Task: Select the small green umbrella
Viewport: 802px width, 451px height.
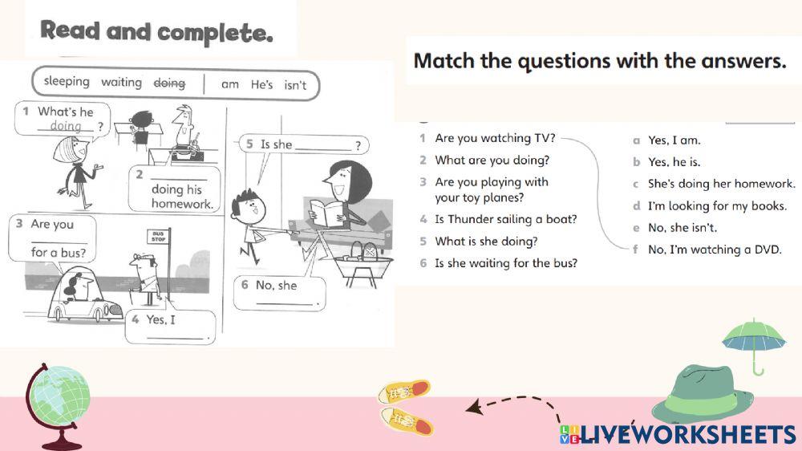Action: pos(753,341)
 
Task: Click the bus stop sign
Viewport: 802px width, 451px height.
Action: pos(156,238)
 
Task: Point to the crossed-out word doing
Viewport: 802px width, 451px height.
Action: pos(169,83)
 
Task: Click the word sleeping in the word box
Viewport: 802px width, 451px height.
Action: pos(67,82)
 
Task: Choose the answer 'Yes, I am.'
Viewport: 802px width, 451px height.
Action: pos(674,140)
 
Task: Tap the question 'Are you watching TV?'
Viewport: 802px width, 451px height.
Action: pos(495,138)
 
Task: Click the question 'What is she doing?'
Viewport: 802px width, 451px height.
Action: pos(486,241)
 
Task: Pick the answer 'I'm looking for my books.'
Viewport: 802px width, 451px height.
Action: pos(717,206)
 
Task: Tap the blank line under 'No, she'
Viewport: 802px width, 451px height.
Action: pos(284,303)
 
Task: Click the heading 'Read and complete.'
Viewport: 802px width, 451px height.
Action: pos(157,32)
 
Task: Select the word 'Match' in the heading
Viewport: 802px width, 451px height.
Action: pos(444,61)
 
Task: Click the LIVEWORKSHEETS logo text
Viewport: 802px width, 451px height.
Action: pos(687,434)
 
